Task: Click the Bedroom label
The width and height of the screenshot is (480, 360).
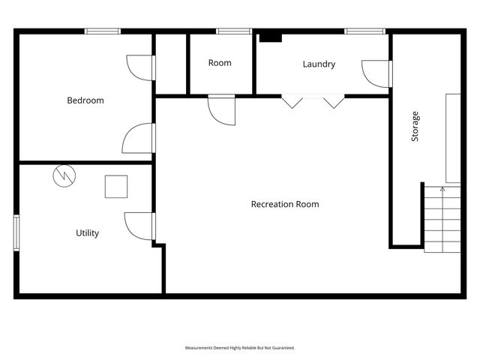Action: point(85,100)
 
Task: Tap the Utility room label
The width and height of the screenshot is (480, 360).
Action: point(88,233)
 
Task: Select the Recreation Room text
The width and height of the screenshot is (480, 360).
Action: point(285,204)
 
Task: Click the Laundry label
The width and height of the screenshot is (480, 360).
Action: point(319,64)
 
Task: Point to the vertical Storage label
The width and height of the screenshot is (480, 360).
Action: point(415,127)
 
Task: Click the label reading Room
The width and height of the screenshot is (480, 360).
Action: point(220,63)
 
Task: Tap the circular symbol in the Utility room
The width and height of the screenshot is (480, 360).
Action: point(64,176)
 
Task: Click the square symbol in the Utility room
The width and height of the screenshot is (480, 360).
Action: point(116,186)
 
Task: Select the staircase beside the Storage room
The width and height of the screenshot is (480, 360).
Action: point(442,219)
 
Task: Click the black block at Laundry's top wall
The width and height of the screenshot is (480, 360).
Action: point(270,37)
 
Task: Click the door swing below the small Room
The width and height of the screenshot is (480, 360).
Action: point(221,109)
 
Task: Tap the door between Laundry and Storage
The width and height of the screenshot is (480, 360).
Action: point(376,73)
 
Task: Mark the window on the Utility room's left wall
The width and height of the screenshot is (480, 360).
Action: point(16,232)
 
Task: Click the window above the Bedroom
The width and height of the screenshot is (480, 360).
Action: point(103,31)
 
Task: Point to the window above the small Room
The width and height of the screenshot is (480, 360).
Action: point(233,31)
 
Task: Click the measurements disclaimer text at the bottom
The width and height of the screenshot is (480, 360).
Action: point(240,348)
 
